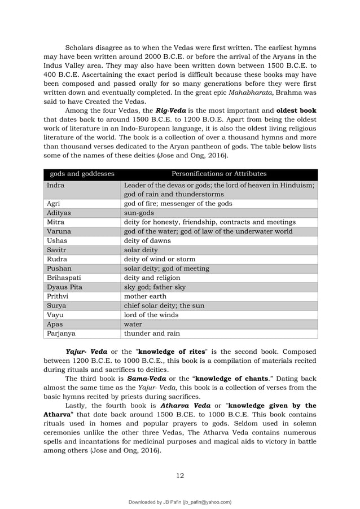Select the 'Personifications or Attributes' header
[219, 174]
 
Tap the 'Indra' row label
[55, 185]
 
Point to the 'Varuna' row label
[59, 231]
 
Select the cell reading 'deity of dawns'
[147, 240]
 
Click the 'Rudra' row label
[57, 259]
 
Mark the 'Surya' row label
[56, 305]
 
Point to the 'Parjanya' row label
[61, 333]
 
